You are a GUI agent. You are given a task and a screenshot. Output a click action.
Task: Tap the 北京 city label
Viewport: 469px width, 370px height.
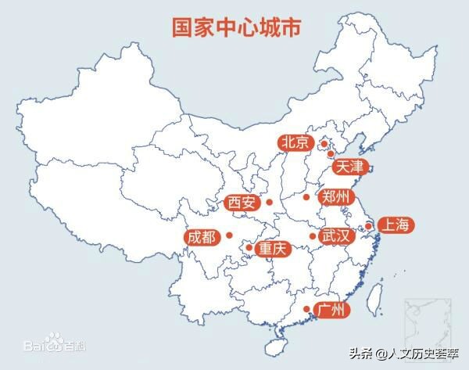coord(295,142)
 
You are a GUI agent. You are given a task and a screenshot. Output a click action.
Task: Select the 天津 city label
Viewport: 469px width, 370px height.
coord(349,167)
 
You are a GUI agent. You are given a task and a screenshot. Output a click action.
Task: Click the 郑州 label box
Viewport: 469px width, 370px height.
coord(337,196)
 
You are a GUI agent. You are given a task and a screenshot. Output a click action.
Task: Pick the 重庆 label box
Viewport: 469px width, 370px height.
coord(274,248)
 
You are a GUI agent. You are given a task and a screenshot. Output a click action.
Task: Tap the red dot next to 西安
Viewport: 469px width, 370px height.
coord(269,203)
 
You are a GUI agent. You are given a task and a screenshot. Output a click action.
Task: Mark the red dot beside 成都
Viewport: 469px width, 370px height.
coord(230,235)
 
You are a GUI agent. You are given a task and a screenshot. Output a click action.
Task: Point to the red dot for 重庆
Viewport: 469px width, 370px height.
coord(249,248)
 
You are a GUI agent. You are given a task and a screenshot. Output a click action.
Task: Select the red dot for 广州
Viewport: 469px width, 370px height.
coord(306,309)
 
